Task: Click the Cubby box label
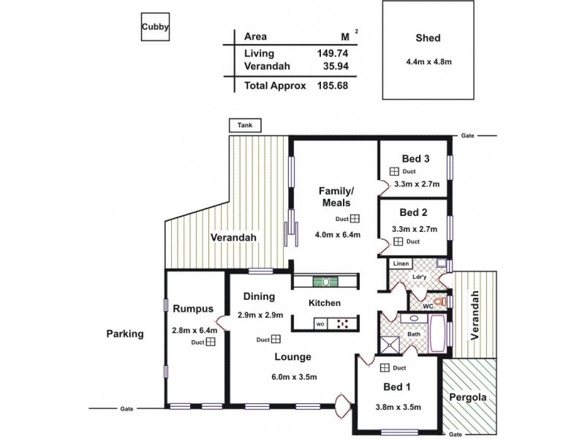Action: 156,29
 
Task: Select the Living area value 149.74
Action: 329,53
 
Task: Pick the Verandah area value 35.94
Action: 331,67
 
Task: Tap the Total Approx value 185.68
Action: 329,85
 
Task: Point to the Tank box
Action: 243,126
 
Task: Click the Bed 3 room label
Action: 415,159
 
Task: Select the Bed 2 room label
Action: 414,213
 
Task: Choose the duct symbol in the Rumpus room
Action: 210,342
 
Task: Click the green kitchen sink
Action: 322,281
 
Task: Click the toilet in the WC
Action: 438,300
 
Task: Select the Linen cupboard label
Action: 400,264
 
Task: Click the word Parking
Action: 124,334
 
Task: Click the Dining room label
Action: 257,297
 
